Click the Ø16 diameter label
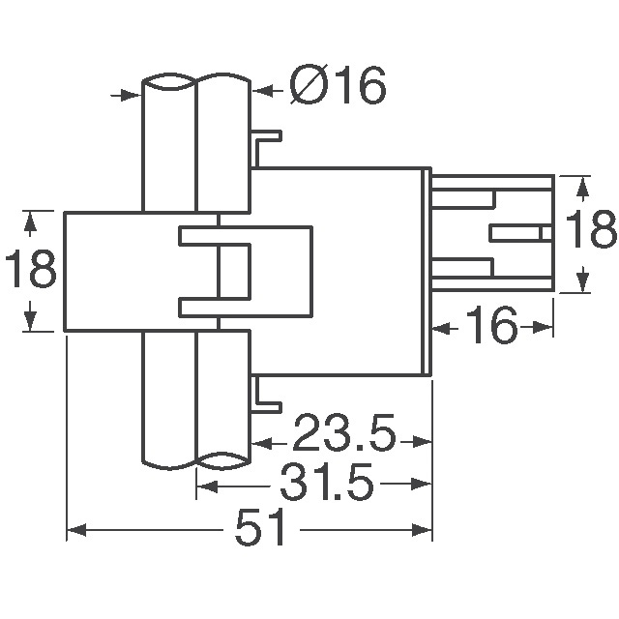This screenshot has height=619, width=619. (339, 87)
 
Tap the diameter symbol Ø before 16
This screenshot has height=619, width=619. (309, 88)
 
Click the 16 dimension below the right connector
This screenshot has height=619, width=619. (491, 328)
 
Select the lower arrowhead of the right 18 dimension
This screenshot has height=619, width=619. (583, 281)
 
